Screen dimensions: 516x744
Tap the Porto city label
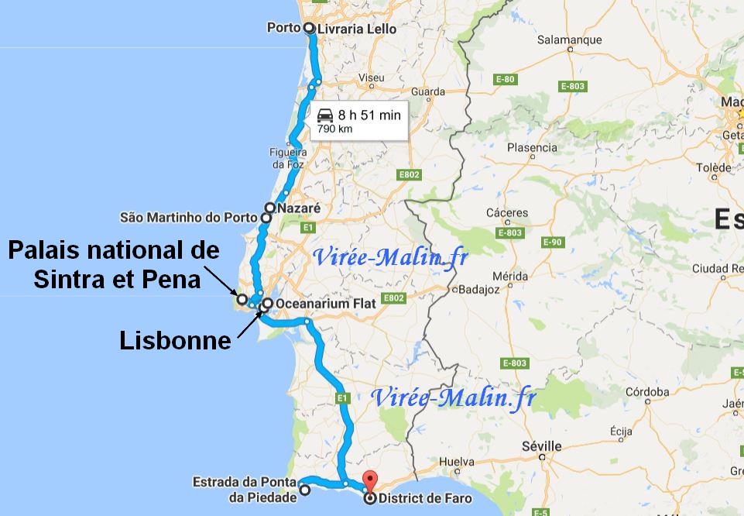(x=283, y=28)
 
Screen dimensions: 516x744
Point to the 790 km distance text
(x=335, y=129)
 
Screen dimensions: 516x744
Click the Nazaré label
(x=298, y=208)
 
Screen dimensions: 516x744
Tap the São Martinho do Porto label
(x=188, y=218)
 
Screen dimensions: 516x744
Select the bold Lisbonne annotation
(x=176, y=340)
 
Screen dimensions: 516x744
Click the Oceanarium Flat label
(x=325, y=304)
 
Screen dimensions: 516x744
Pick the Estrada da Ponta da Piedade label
(x=245, y=490)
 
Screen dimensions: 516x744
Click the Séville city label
(x=542, y=446)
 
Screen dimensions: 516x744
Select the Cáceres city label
(x=507, y=213)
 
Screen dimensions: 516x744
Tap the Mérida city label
(x=509, y=276)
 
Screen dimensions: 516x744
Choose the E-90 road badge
(x=551, y=243)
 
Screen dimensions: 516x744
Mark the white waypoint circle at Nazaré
(x=270, y=208)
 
